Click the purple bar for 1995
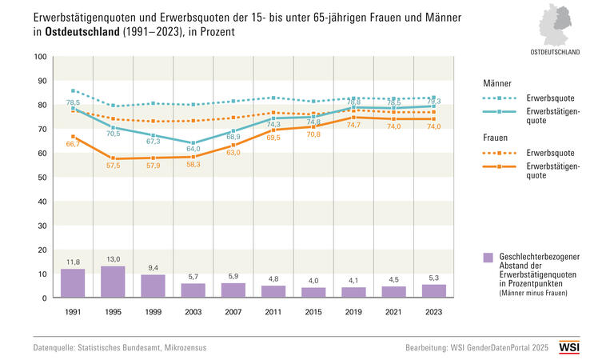[113, 282]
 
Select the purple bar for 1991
[73, 283]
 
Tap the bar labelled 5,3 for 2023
[434, 291]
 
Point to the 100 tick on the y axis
[41, 57]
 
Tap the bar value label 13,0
[113, 259]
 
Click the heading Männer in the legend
[498, 83]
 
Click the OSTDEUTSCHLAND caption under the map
[556, 51]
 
